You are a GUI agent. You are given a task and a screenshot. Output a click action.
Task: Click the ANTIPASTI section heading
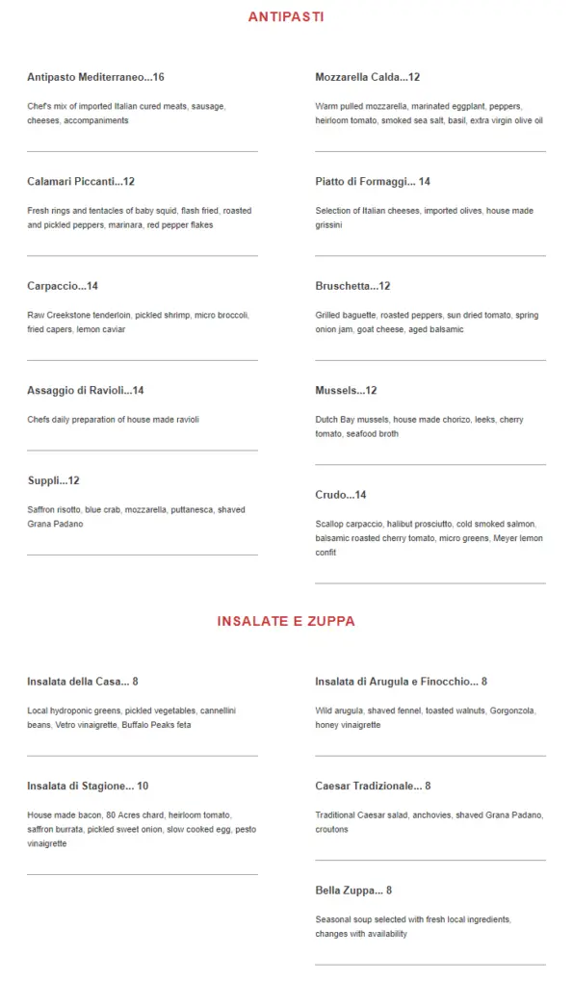pyautogui.click(x=286, y=16)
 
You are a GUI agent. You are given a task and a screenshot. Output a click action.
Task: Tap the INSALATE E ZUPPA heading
pyautogui.click(x=286, y=621)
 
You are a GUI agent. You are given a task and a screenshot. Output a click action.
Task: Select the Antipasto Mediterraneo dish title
pyautogui.click(x=95, y=77)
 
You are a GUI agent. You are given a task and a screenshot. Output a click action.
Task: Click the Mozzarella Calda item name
pyautogui.click(x=367, y=77)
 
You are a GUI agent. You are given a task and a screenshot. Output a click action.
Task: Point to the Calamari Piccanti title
pyautogui.click(x=81, y=181)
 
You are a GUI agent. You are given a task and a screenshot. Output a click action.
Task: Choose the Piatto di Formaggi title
pyautogui.click(x=372, y=181)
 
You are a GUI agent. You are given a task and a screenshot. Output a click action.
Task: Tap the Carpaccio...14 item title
pyautogui.click(x=63, y=286)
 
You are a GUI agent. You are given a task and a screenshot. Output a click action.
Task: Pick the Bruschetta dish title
pyautogui.click(x=352, y=286)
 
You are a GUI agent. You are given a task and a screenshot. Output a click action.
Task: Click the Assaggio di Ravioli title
pyautogui.click(x=85, y=390)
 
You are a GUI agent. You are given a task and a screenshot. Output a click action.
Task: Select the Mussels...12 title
pyautogui.click(x=346, y=390)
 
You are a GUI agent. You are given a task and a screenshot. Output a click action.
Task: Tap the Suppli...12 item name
pyautogui.click(x=53, y=480)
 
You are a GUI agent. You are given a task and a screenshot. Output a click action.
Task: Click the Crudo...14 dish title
pyautogui.click(x=341, y=495)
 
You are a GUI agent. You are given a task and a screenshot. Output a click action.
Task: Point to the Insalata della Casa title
pyautogui.click(x=83, y=682)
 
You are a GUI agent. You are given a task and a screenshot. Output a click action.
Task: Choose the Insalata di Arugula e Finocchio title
pyautogui.click(x=401, y=682)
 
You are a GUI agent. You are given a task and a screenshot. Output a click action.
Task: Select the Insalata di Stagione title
pyautogui.click(x=88, y=786)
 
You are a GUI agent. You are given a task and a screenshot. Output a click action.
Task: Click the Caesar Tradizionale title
pyautogui.click(x=373, y=786)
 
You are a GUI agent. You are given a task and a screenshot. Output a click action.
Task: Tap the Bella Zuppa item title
pyautogui.click(x=353, y=891)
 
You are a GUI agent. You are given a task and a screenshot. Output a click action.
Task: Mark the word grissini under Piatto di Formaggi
pyautogui.click(x=328, y=225)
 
